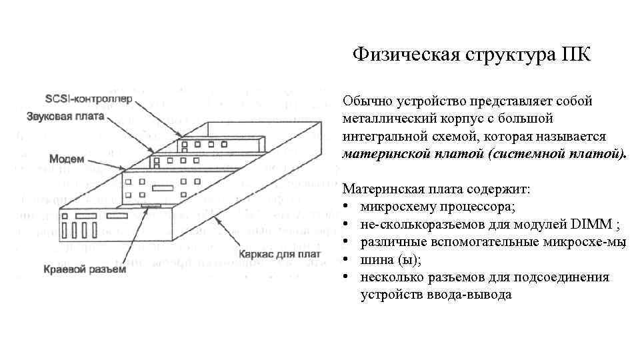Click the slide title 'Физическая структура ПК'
click(471, 53)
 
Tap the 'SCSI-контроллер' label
click(89, 99)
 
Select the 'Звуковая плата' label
click(75, 116)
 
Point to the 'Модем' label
click(67, 159)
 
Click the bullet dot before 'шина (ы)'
click(347, 259)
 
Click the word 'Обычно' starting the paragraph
click(365, 101)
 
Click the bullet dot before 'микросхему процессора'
click(347, 207)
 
